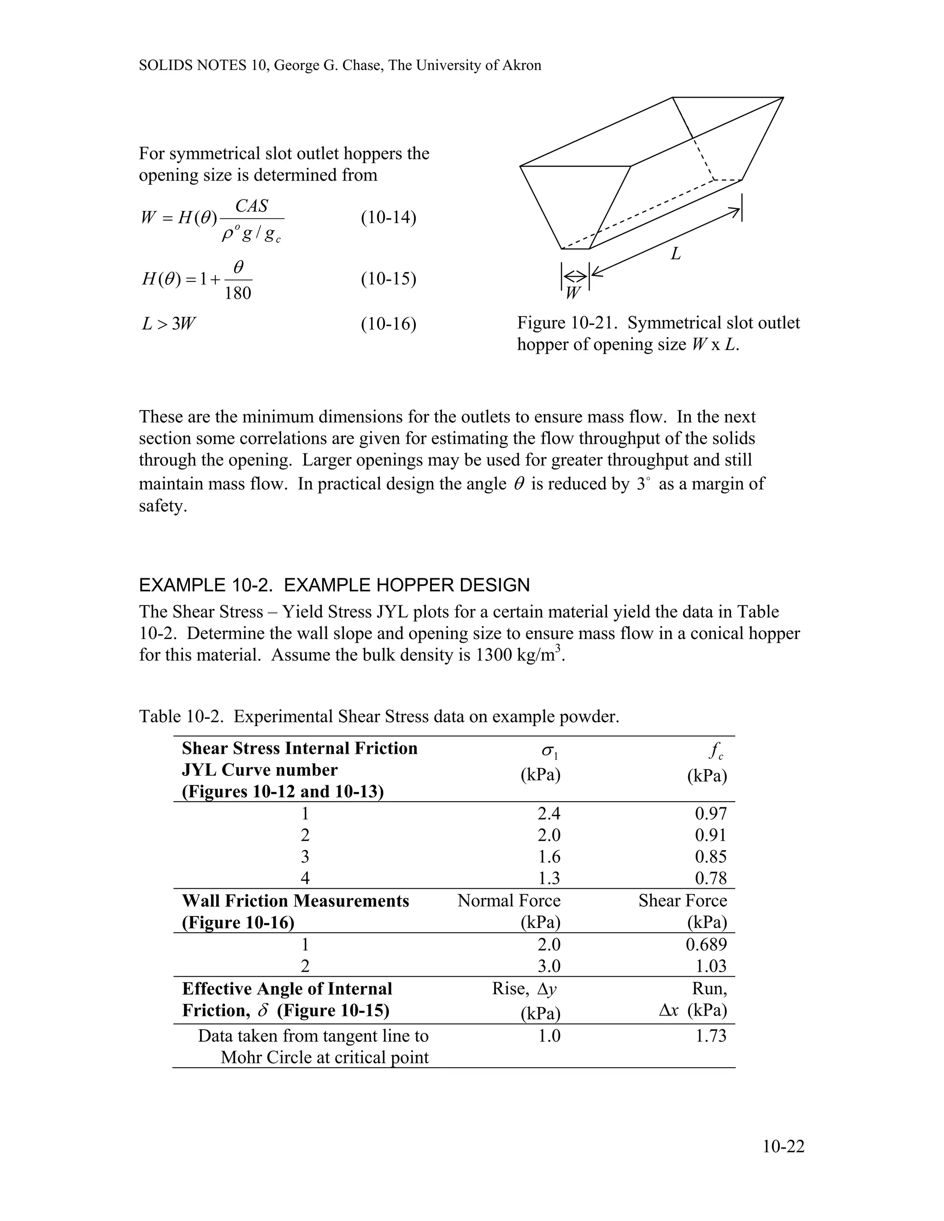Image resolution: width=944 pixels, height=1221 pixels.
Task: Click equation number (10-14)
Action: (388, 217)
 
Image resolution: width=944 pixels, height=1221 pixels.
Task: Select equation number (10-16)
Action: (388, 324)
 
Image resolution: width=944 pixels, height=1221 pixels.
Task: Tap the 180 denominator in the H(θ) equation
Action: (238, 293)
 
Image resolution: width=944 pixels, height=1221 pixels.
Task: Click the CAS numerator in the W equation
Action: (252, 206)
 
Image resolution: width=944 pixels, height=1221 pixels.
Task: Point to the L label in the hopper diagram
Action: (676, 254)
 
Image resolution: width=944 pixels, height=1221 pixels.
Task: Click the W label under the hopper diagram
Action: (572, 293)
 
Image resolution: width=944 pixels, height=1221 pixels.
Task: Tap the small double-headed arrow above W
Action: (575, 275)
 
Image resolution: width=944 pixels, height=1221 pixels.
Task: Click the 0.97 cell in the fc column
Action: (710, 813)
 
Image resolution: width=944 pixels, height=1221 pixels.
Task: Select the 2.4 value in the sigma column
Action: (549, 813)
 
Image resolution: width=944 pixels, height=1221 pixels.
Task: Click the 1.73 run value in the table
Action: (710, 1035)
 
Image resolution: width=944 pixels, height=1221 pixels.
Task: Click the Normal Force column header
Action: (508, 901)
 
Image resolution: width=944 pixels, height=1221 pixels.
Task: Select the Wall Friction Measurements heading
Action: (295, 901)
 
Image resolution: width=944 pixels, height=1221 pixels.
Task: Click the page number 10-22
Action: (783, 1147)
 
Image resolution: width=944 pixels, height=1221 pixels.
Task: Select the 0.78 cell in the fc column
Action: (710, 878)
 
